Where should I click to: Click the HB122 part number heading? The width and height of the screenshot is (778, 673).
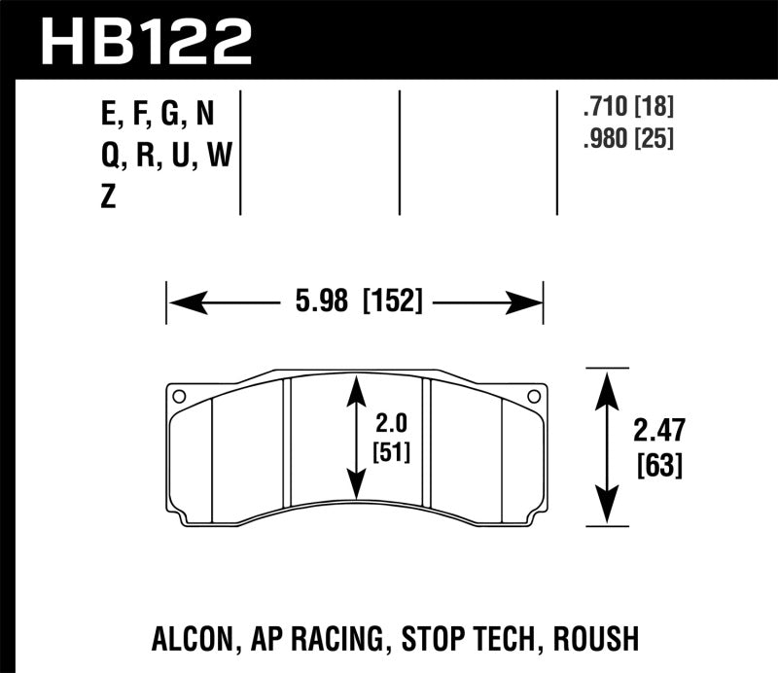(145, 40)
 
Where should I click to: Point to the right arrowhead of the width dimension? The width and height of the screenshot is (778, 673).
(530, 303)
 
